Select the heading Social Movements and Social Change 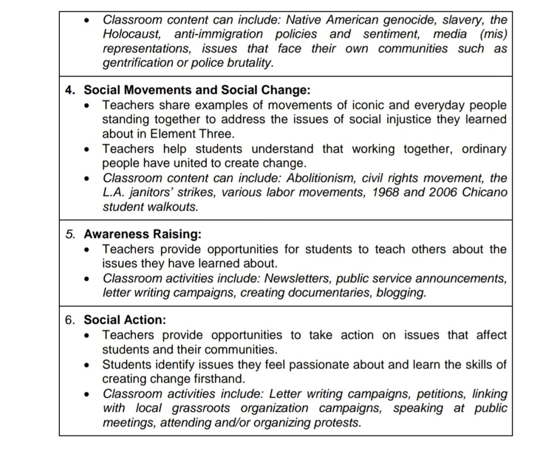(197, 90)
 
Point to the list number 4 (69, 90)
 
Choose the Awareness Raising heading (142, 234)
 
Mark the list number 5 (69, 234)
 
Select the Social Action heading (125, 320)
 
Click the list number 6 (69, 320)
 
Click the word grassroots (199, 408)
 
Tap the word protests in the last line (338, 423)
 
